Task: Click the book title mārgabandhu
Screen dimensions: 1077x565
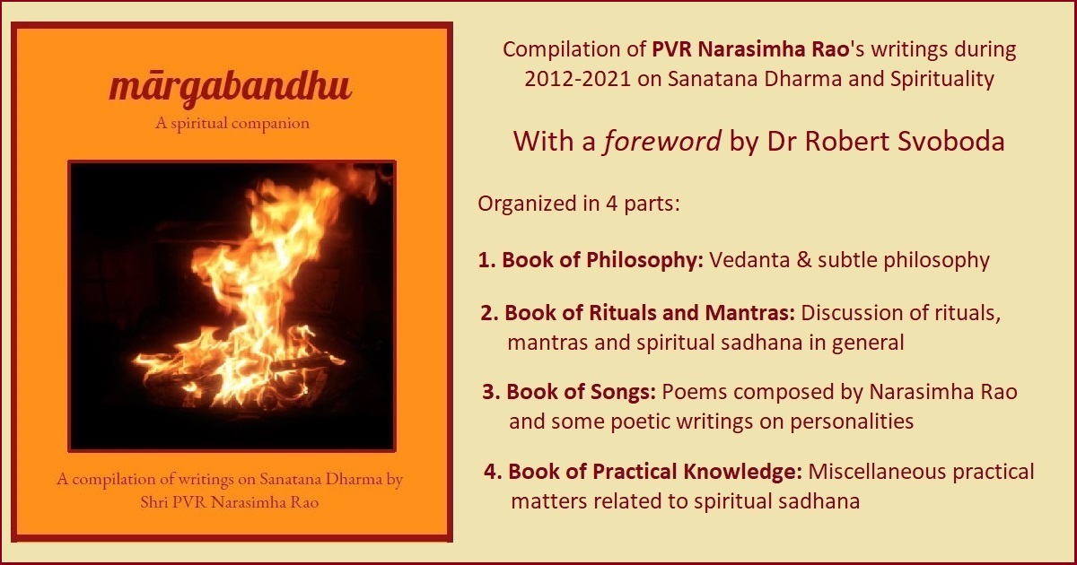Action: coord(231,88)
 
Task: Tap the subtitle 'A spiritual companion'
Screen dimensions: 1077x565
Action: coord(232,124)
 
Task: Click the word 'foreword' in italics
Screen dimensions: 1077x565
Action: coord(662,142)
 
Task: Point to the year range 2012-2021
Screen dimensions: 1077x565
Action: coord(577,79)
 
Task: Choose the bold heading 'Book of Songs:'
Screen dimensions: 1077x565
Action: coord(581,392)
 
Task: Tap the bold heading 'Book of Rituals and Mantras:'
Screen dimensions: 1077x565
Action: coord(650,313)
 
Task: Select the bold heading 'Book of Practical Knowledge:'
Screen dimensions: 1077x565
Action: coord(655,472)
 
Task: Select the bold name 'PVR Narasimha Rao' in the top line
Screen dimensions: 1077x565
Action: coord(750,49)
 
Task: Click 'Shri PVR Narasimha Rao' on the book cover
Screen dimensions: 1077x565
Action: coord(230,502)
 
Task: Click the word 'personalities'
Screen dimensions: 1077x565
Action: coord(852,422)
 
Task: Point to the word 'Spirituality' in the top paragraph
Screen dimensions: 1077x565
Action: coord(942,79)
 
